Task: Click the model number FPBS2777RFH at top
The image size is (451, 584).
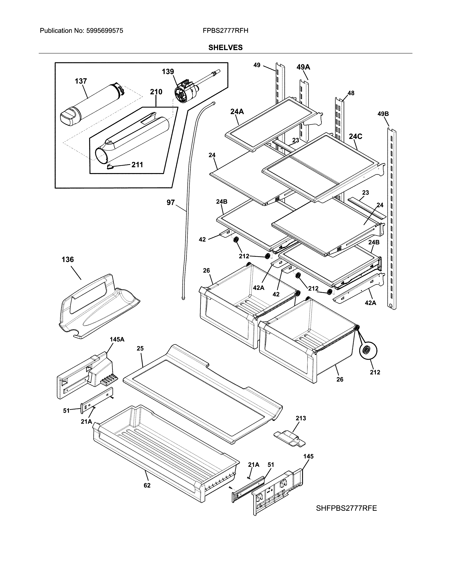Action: pyautogui.click(x=225, y=31)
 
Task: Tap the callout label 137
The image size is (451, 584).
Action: pyautogui.click(x=81, y=81)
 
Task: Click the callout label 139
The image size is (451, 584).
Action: pyautogui.click(x=168, y=72)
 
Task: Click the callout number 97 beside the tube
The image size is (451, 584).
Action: pyautogui.click(x=170, y=203)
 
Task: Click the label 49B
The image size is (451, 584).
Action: pyautogui.click(x=383, y=114)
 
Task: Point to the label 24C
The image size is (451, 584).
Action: pyautogui.click(x=355, y=137)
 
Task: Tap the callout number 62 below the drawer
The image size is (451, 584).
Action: pyautogui.click(x=147, y=485)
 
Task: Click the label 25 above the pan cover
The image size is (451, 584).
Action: pyautogui.click(x=140, y=348)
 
